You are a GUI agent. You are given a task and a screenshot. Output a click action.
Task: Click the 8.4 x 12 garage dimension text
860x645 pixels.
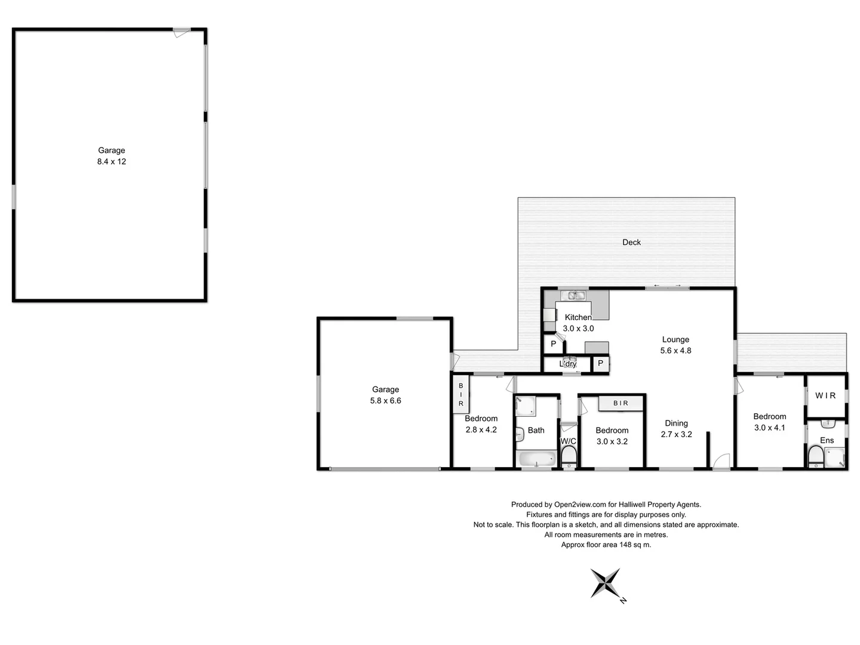click(x=112, y=162)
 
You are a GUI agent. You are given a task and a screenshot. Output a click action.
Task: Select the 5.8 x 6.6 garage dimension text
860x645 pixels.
click(x=385, y=401)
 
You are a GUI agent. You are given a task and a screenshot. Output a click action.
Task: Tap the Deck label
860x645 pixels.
click(x=631, y=242)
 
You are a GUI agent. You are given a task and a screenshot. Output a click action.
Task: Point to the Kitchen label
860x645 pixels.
click(x=578, y=317)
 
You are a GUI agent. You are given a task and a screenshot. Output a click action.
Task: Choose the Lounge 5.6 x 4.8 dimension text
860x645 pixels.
click(x=675, y=351)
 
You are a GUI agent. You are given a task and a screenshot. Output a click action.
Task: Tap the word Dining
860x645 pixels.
click(x=676, y=423)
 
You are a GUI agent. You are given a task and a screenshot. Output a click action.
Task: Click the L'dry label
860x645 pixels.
click(x=568, y=364)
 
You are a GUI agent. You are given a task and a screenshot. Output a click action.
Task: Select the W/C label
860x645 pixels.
click(x=568, y=441)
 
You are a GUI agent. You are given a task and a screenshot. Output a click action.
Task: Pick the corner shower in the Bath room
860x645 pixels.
click(x=525, y=406)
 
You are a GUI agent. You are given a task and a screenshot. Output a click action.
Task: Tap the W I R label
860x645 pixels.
click(x=825, y=395)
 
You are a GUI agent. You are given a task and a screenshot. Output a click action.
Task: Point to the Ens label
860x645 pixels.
click(x=827, y=440)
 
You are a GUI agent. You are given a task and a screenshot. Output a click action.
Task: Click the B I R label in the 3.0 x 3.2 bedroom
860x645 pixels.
click(x=621, y=403)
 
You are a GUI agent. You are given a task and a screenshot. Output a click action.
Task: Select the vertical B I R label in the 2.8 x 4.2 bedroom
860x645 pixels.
click(x=460, y=395)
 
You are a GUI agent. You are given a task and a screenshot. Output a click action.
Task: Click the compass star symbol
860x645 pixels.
click(x=605, y=582)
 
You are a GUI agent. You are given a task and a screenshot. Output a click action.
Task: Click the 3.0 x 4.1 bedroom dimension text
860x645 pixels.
click(x=769, y=428)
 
